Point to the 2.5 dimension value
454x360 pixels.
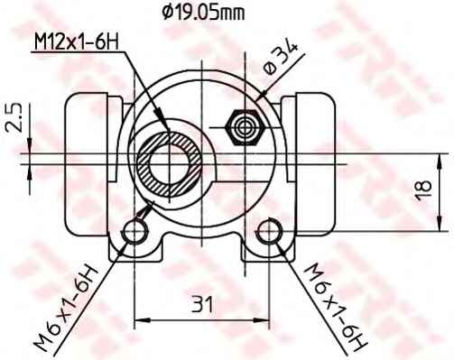click(13, 118)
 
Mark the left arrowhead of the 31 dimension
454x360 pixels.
click(140, 318)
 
